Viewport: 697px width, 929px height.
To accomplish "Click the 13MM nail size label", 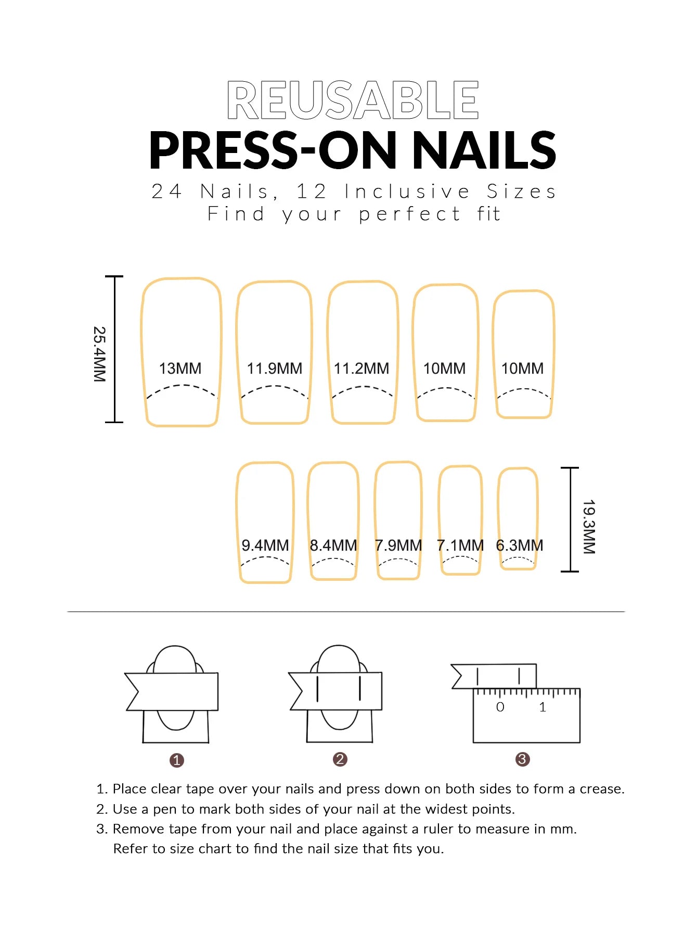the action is (x=180, y=368).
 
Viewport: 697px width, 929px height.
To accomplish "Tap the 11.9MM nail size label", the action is (x=275, y=368).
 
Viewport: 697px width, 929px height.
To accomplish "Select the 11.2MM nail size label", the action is (x=362, y=368).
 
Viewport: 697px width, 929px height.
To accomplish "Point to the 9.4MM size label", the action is (x=265, y=545).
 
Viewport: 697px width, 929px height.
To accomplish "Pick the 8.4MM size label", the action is (x=333, y=545).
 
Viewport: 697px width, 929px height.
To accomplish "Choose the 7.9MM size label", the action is (x=398, y=545).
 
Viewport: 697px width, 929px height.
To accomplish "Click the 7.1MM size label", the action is (x=460, y=545).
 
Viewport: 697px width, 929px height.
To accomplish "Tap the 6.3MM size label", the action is (x=520, y=545).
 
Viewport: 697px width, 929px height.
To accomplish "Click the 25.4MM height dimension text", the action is (x=99, y=354).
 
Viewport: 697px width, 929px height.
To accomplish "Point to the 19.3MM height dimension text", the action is (x=589, y=527).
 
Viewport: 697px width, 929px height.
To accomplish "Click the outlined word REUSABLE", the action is (x=353, y=100).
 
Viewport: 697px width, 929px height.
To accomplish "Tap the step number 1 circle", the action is (x=177, y=760).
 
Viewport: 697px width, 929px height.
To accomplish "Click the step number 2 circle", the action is (x=340, y=759).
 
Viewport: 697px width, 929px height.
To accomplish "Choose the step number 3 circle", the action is (x=523, y=759).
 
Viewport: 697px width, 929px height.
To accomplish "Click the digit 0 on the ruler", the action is (x=500, y=707).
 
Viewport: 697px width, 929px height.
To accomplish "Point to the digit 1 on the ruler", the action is (x=543, y=707).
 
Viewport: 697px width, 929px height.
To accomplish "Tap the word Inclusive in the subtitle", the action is (x=407, y=192).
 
